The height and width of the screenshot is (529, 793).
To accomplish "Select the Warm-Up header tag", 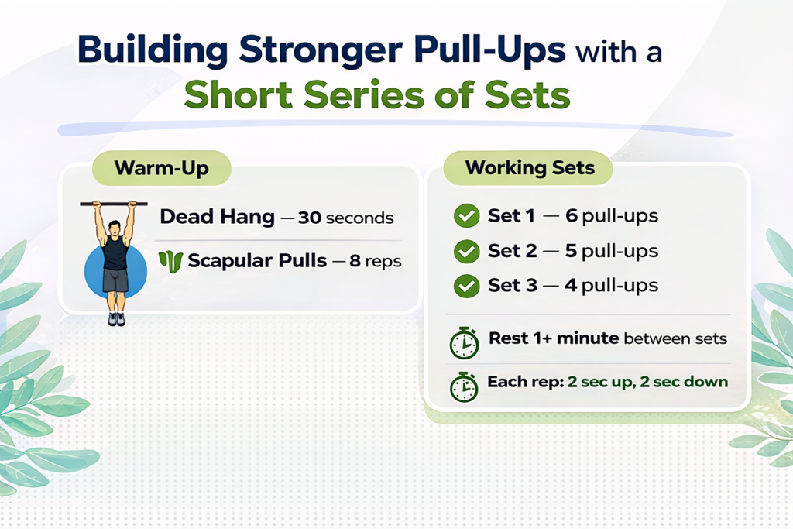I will pyautogui.click(x=161, y=168).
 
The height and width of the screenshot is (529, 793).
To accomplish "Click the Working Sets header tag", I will pyautogui.click(x=530, y=168).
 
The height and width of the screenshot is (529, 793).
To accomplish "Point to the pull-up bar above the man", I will pyautogui.click(x=114, y=204).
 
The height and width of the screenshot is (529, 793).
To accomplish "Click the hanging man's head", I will pyautogui.click(x=115, y=229).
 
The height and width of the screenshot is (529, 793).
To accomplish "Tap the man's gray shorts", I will pyautogui.click(x=115, y=280).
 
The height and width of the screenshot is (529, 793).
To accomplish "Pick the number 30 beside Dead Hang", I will pyautogui.click(x=309, y=217).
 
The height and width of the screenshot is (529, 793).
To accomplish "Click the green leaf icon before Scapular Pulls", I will pyautogui.click(x=170, y=261).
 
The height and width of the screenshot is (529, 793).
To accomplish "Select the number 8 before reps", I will pyautogui.click(x=355, y=261).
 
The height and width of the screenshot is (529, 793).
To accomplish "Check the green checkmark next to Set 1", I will pyautogui.click(x=466, y=217).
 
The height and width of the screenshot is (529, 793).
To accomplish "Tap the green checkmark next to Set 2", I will pyautogui.click(x=466, y=252).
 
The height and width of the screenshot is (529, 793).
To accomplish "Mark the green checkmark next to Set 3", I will pyautogui.click(x=466, y=286).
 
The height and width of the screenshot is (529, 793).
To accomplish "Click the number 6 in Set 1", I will pyautogui.click(x=572, y=216).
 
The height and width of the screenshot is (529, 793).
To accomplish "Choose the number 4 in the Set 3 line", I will pyautogui.click(x=572, y=285).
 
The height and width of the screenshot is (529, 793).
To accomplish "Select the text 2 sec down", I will pyautogui.click(x=684, y=382).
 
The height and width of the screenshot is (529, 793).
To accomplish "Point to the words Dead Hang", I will pyautogui.click(x=217, y=217).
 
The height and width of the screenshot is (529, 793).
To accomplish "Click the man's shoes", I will pyautogui.click(x=115, y=318).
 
